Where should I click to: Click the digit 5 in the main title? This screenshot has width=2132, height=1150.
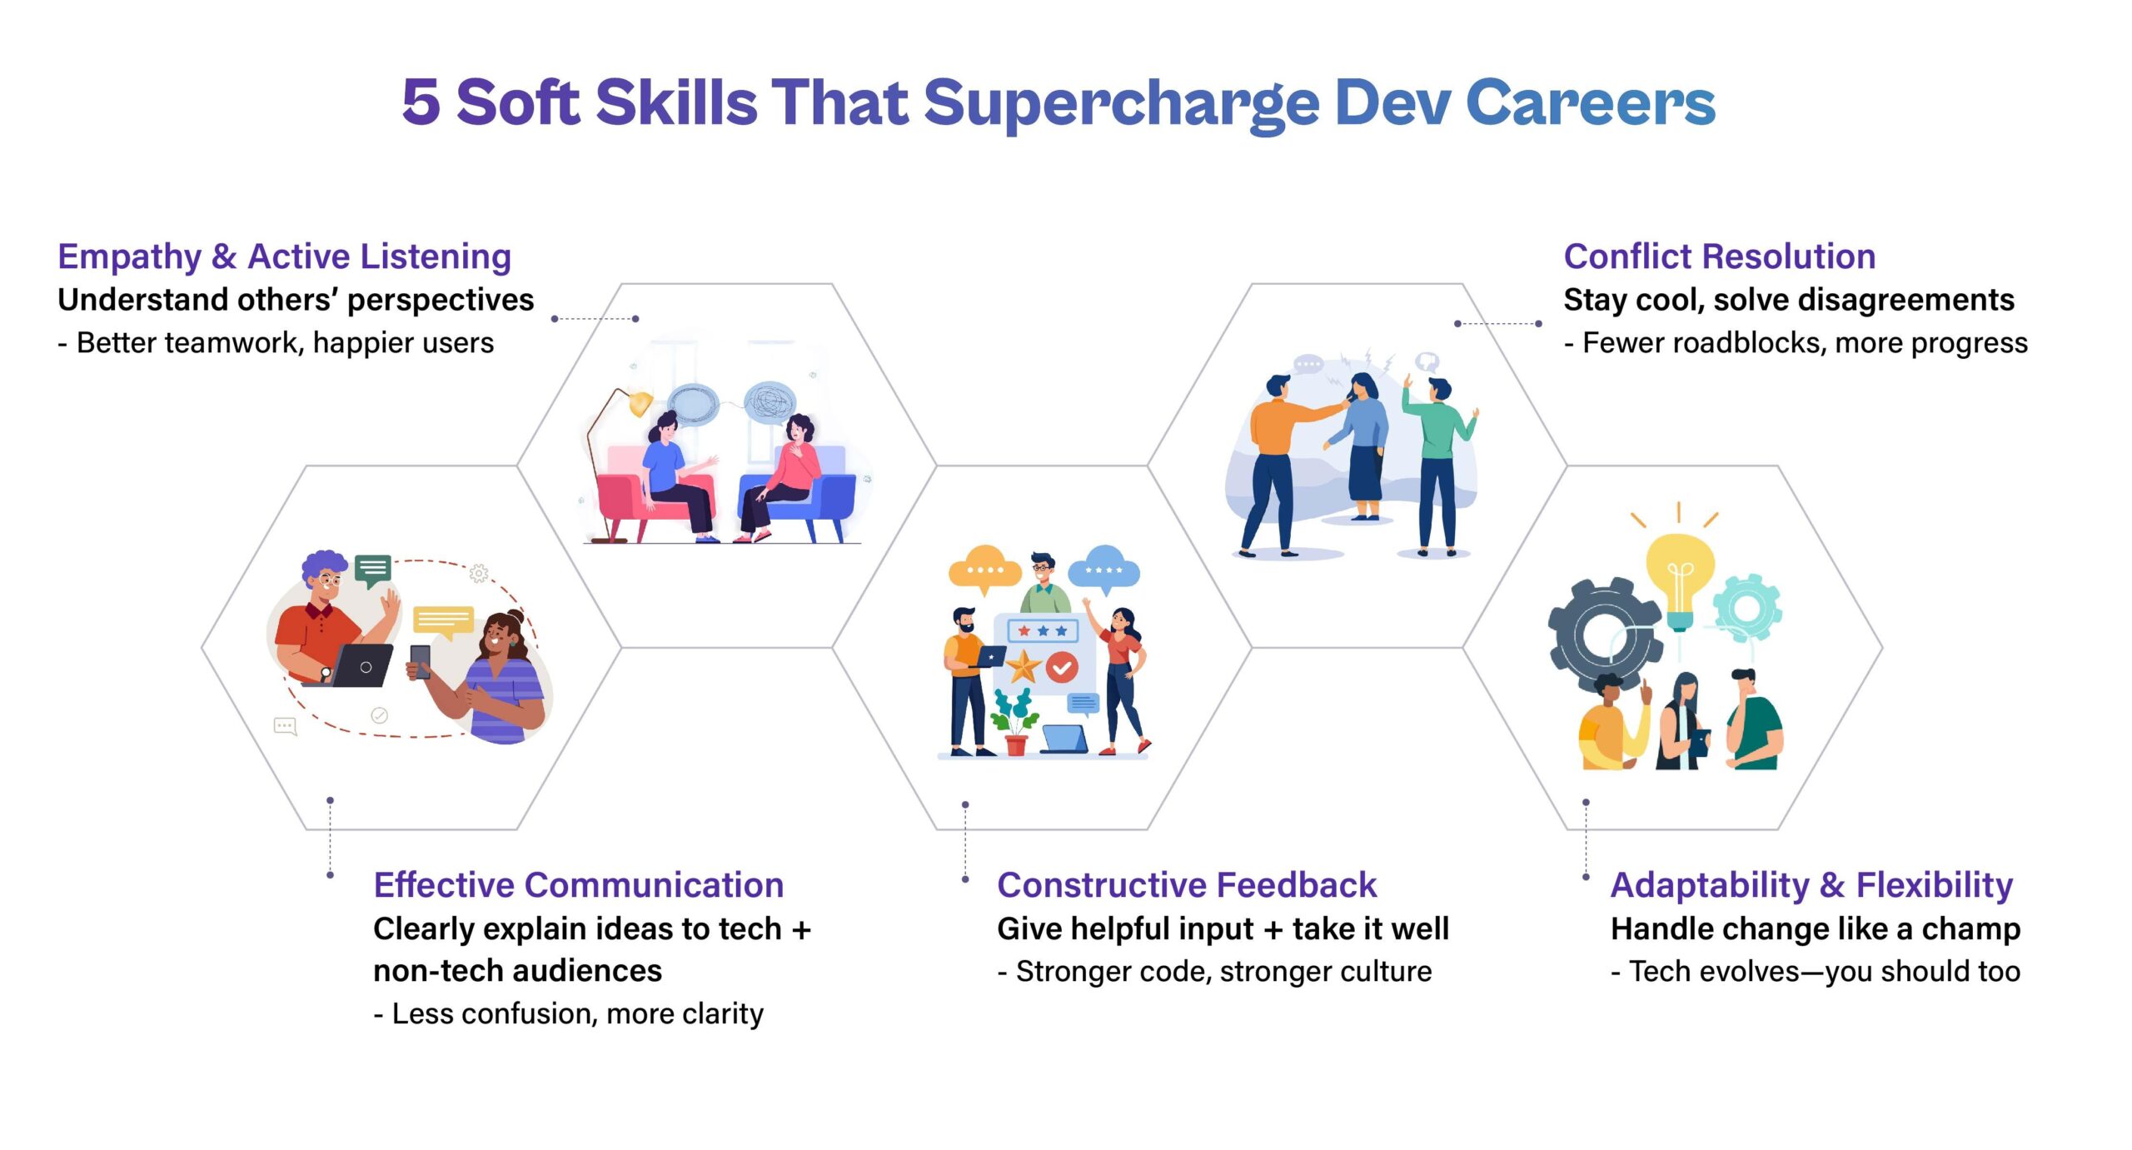(x=421, y=102)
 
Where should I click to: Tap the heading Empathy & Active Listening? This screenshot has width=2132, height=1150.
(x=284, y=256)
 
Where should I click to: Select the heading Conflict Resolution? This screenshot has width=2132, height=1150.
(x=1719, y=256)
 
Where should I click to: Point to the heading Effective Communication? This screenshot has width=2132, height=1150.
(x=578, y=885)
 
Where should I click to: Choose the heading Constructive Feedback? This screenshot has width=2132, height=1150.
(x=1187, y=885)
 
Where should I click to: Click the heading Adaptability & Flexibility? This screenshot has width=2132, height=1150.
(x=1811, y=885)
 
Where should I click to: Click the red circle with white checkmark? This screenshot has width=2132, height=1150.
(x=1062, y=667)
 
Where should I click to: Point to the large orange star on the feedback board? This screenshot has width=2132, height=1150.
(x=1024, y=666)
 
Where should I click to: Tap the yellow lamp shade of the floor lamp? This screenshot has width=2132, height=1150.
(x=640, y=404)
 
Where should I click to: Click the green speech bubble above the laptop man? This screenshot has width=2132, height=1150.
(x=372, y=570)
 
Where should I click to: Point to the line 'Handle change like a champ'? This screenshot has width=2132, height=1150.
(x=1816, y=928)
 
